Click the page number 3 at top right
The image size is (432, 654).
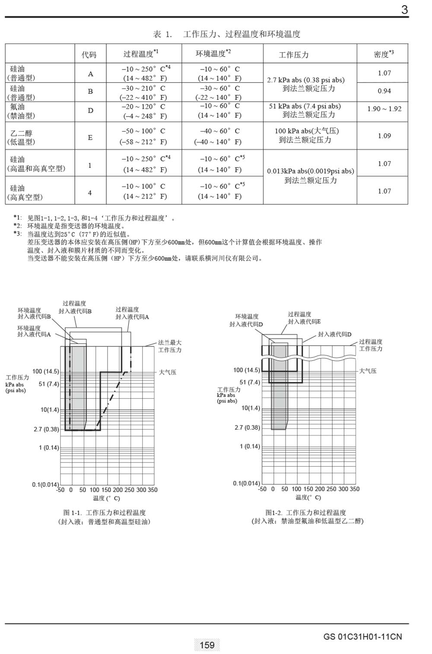(404, 10)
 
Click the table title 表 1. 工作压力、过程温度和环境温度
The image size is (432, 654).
(227, 34)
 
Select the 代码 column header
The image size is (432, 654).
(89, 55)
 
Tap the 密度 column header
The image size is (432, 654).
(383, 54)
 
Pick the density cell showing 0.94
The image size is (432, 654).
(384, 91)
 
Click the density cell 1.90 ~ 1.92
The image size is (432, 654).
(384, 109)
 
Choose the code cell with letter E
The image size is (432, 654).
(90, 138)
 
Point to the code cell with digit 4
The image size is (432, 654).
(90, 193)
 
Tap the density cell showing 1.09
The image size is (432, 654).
(384, 136)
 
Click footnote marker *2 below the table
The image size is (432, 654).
(17, 226)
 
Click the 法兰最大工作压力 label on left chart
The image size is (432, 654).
(170, 346)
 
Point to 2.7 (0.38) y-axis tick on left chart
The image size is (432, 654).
(46, 429)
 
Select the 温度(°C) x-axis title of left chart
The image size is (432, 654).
(106, 498)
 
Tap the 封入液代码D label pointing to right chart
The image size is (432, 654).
(335, 334)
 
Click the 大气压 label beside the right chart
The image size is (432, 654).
(368, 371)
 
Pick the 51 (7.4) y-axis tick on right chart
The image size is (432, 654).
(250, 382)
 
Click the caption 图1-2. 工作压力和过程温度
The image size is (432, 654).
(306, 513)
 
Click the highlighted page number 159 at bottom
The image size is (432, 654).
(207, 645)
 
